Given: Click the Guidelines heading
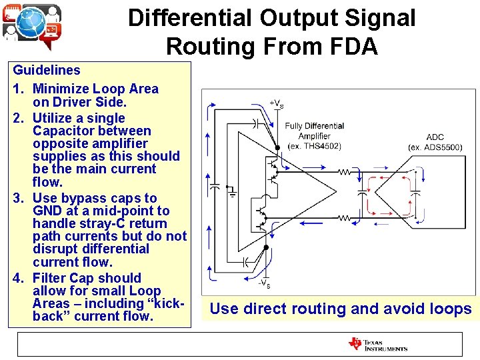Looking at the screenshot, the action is (x=47, y=70).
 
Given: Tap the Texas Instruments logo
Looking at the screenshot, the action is (x=378, y=345).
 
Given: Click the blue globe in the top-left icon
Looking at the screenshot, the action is (x=31, y=25).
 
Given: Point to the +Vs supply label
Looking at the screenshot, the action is (x=276, y=103).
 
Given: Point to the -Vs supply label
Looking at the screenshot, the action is (x=264, y=283).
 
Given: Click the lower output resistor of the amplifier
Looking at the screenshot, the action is (x=345, y=217).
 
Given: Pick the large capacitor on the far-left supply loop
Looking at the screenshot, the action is (x=215, y=191).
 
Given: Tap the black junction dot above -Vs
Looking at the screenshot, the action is (x=267, y=247).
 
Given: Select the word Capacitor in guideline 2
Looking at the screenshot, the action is (x=59, y=131).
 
